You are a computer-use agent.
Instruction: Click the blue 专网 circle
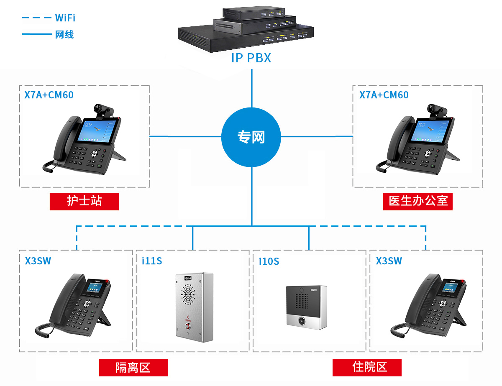pos(251,137)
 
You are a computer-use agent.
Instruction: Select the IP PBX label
pos(251,58)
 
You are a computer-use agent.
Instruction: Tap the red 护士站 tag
pos(84,201)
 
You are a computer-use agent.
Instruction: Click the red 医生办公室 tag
pos(418,201)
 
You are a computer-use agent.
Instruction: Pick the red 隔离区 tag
pos(133,367)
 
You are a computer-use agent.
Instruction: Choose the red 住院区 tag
pos(367,367)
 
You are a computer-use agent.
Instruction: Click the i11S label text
pos(152,261)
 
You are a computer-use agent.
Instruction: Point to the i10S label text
pos(269,261)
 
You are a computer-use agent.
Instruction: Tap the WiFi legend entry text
pos(65,18)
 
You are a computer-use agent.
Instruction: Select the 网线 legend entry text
pos(64,35)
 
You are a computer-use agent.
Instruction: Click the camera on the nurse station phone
pos(104,110)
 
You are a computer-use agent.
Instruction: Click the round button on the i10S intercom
pos(301,321)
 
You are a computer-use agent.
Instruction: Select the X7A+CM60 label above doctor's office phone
pos(384,95)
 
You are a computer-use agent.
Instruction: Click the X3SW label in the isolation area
pos(38,261)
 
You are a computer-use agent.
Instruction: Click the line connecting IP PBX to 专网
pos(252,88)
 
